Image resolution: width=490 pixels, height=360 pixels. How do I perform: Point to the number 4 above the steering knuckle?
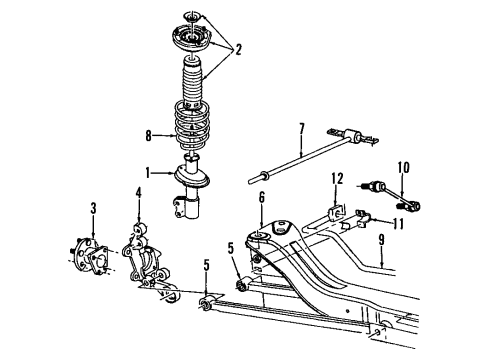coord(138,193)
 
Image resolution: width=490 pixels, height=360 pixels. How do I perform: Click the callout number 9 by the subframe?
coord(382,239)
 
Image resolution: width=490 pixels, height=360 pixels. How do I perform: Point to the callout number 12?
coord(339,179)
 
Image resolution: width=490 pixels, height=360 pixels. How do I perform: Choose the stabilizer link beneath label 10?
coord(398,196)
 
